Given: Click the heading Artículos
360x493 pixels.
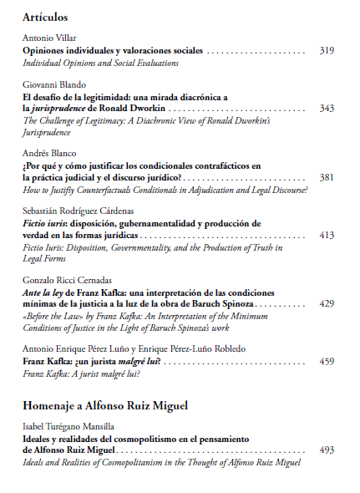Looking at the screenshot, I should point(45,17).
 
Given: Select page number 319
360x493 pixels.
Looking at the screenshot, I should point(327,51).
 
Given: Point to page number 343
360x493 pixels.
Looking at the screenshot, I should point(327,109).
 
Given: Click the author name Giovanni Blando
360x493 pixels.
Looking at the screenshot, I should point(52,85).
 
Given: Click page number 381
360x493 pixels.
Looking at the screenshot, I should point(327,178).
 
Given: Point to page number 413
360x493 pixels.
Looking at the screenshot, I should point(327,236).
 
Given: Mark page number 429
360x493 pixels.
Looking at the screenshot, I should point(327,303).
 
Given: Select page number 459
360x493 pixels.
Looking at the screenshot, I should point(327,361).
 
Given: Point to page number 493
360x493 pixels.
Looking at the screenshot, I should point(327,450).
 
